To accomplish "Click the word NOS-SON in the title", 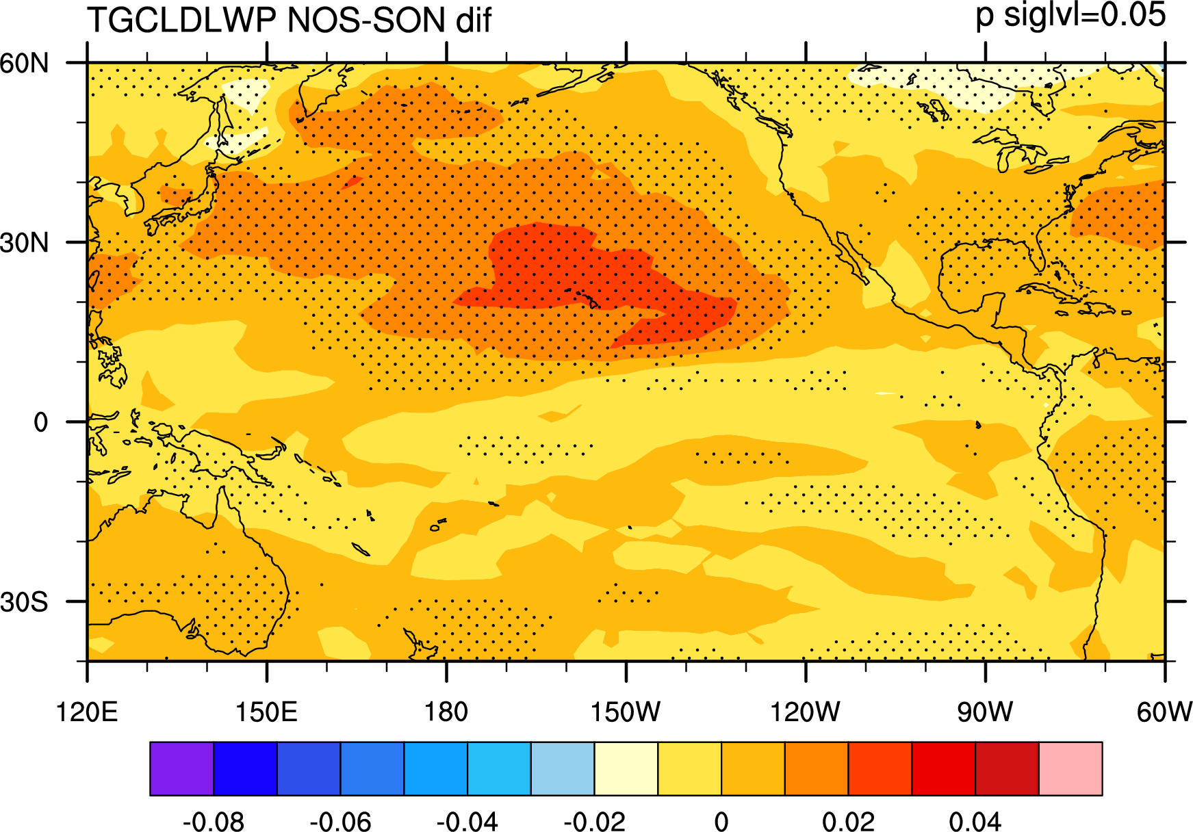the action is point(366,20).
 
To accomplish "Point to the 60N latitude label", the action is point(25,63).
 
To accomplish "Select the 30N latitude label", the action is point(25,243).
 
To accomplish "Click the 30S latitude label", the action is point(25,602).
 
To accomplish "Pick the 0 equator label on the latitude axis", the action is point(41,422).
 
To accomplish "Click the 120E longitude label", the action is point(87,712).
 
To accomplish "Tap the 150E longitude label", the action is point(267,712).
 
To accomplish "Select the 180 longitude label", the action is point(446,712).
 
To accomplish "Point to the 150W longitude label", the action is point(626,712).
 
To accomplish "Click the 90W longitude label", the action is point(985,712).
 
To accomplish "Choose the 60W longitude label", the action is point(1165,712).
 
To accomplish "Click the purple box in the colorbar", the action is point(181,768).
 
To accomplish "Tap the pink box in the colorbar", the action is point(1070,768).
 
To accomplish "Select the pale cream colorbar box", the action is point(626,768).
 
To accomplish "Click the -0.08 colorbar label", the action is point(214,820).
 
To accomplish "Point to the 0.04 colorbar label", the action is point(975,820).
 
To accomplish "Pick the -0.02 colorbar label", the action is point(594,820).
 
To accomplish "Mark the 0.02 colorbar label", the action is point(849,820).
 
